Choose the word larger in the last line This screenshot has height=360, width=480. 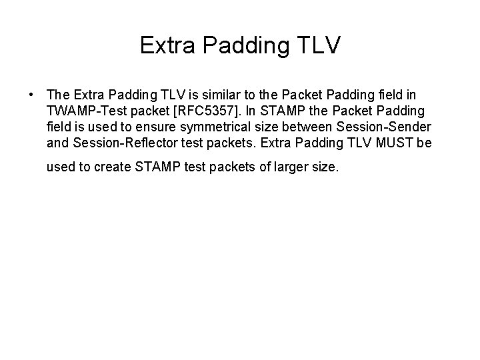pyautogui.click(x=291, y=167)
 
